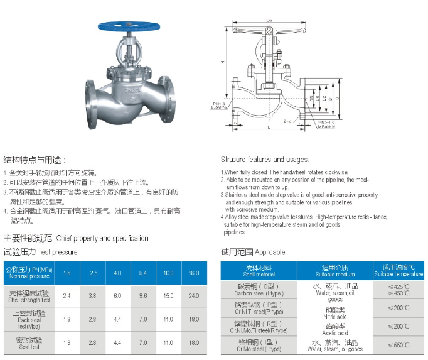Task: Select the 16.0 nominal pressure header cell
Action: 193,273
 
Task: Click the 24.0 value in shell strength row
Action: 193,295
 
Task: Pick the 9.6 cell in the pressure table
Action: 142,295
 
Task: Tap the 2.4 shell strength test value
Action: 67,295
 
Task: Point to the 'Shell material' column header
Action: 259,271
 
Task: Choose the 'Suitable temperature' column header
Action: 399,271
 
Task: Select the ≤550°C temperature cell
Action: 399,346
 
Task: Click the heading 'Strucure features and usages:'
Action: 264,160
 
